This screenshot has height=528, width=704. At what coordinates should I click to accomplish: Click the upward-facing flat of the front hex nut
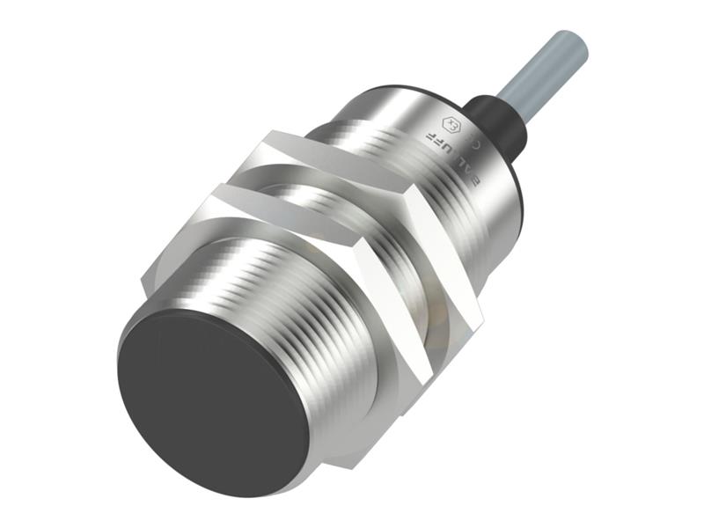(264, 216)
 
